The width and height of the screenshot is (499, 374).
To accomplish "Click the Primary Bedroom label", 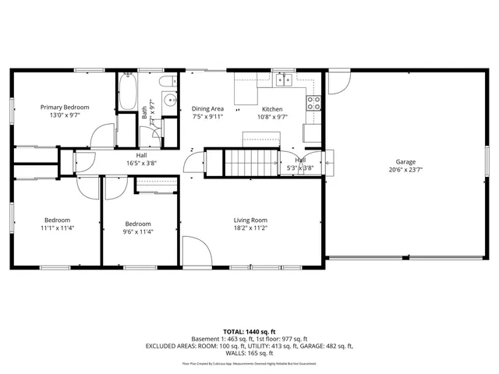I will point(65,107).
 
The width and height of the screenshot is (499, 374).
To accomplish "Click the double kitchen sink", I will point(282,79).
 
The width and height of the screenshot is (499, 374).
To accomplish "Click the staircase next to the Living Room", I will point(252,162).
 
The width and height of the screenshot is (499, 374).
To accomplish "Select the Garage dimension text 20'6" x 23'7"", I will point(405,169).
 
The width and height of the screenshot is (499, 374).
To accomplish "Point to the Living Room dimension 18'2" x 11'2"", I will point(251,228).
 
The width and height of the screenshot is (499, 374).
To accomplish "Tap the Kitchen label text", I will point(272,109).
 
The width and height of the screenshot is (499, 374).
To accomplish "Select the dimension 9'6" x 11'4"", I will point(138,231).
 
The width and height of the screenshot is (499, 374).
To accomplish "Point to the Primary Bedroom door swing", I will point(101,136).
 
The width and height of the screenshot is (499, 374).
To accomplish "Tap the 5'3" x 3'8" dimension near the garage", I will point(300,168).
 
